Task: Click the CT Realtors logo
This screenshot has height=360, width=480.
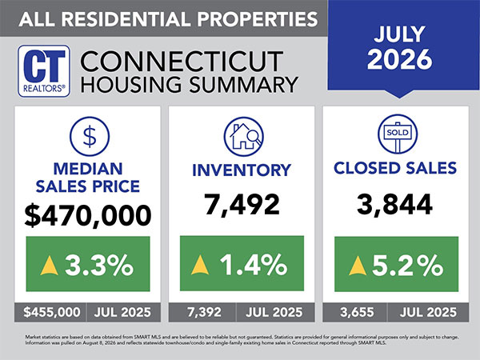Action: coord(44,71)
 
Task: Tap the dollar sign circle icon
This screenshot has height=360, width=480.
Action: coord(90,136)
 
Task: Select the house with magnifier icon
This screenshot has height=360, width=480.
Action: coord(244,137)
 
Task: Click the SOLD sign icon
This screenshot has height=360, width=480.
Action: coord(398,134)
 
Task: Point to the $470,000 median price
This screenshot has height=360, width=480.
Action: coord(88,215)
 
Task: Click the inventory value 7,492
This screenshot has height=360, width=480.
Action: coord(242,205)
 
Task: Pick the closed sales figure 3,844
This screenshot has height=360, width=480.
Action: coord(394,205)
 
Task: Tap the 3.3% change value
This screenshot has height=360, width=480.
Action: coord(99,265)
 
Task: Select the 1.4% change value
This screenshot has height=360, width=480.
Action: coord(254,265)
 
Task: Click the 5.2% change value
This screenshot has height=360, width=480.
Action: coord(408,265)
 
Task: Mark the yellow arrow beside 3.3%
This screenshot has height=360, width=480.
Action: coord(49,266)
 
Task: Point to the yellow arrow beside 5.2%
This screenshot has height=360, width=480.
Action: coord(358,266)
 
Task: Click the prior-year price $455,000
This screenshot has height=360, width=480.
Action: coord(52,312)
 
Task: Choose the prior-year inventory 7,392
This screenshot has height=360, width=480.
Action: coord(204,312)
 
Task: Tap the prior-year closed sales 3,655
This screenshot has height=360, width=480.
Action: coord(357,312)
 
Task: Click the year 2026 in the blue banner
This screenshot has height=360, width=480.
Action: coord(399,58)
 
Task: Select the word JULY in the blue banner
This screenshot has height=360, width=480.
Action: coord(399,34)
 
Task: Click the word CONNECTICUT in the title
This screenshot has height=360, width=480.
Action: coord(182,62)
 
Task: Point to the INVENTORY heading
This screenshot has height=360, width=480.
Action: coord(242,170)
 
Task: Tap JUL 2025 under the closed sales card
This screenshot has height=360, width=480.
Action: coord(428,312)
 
